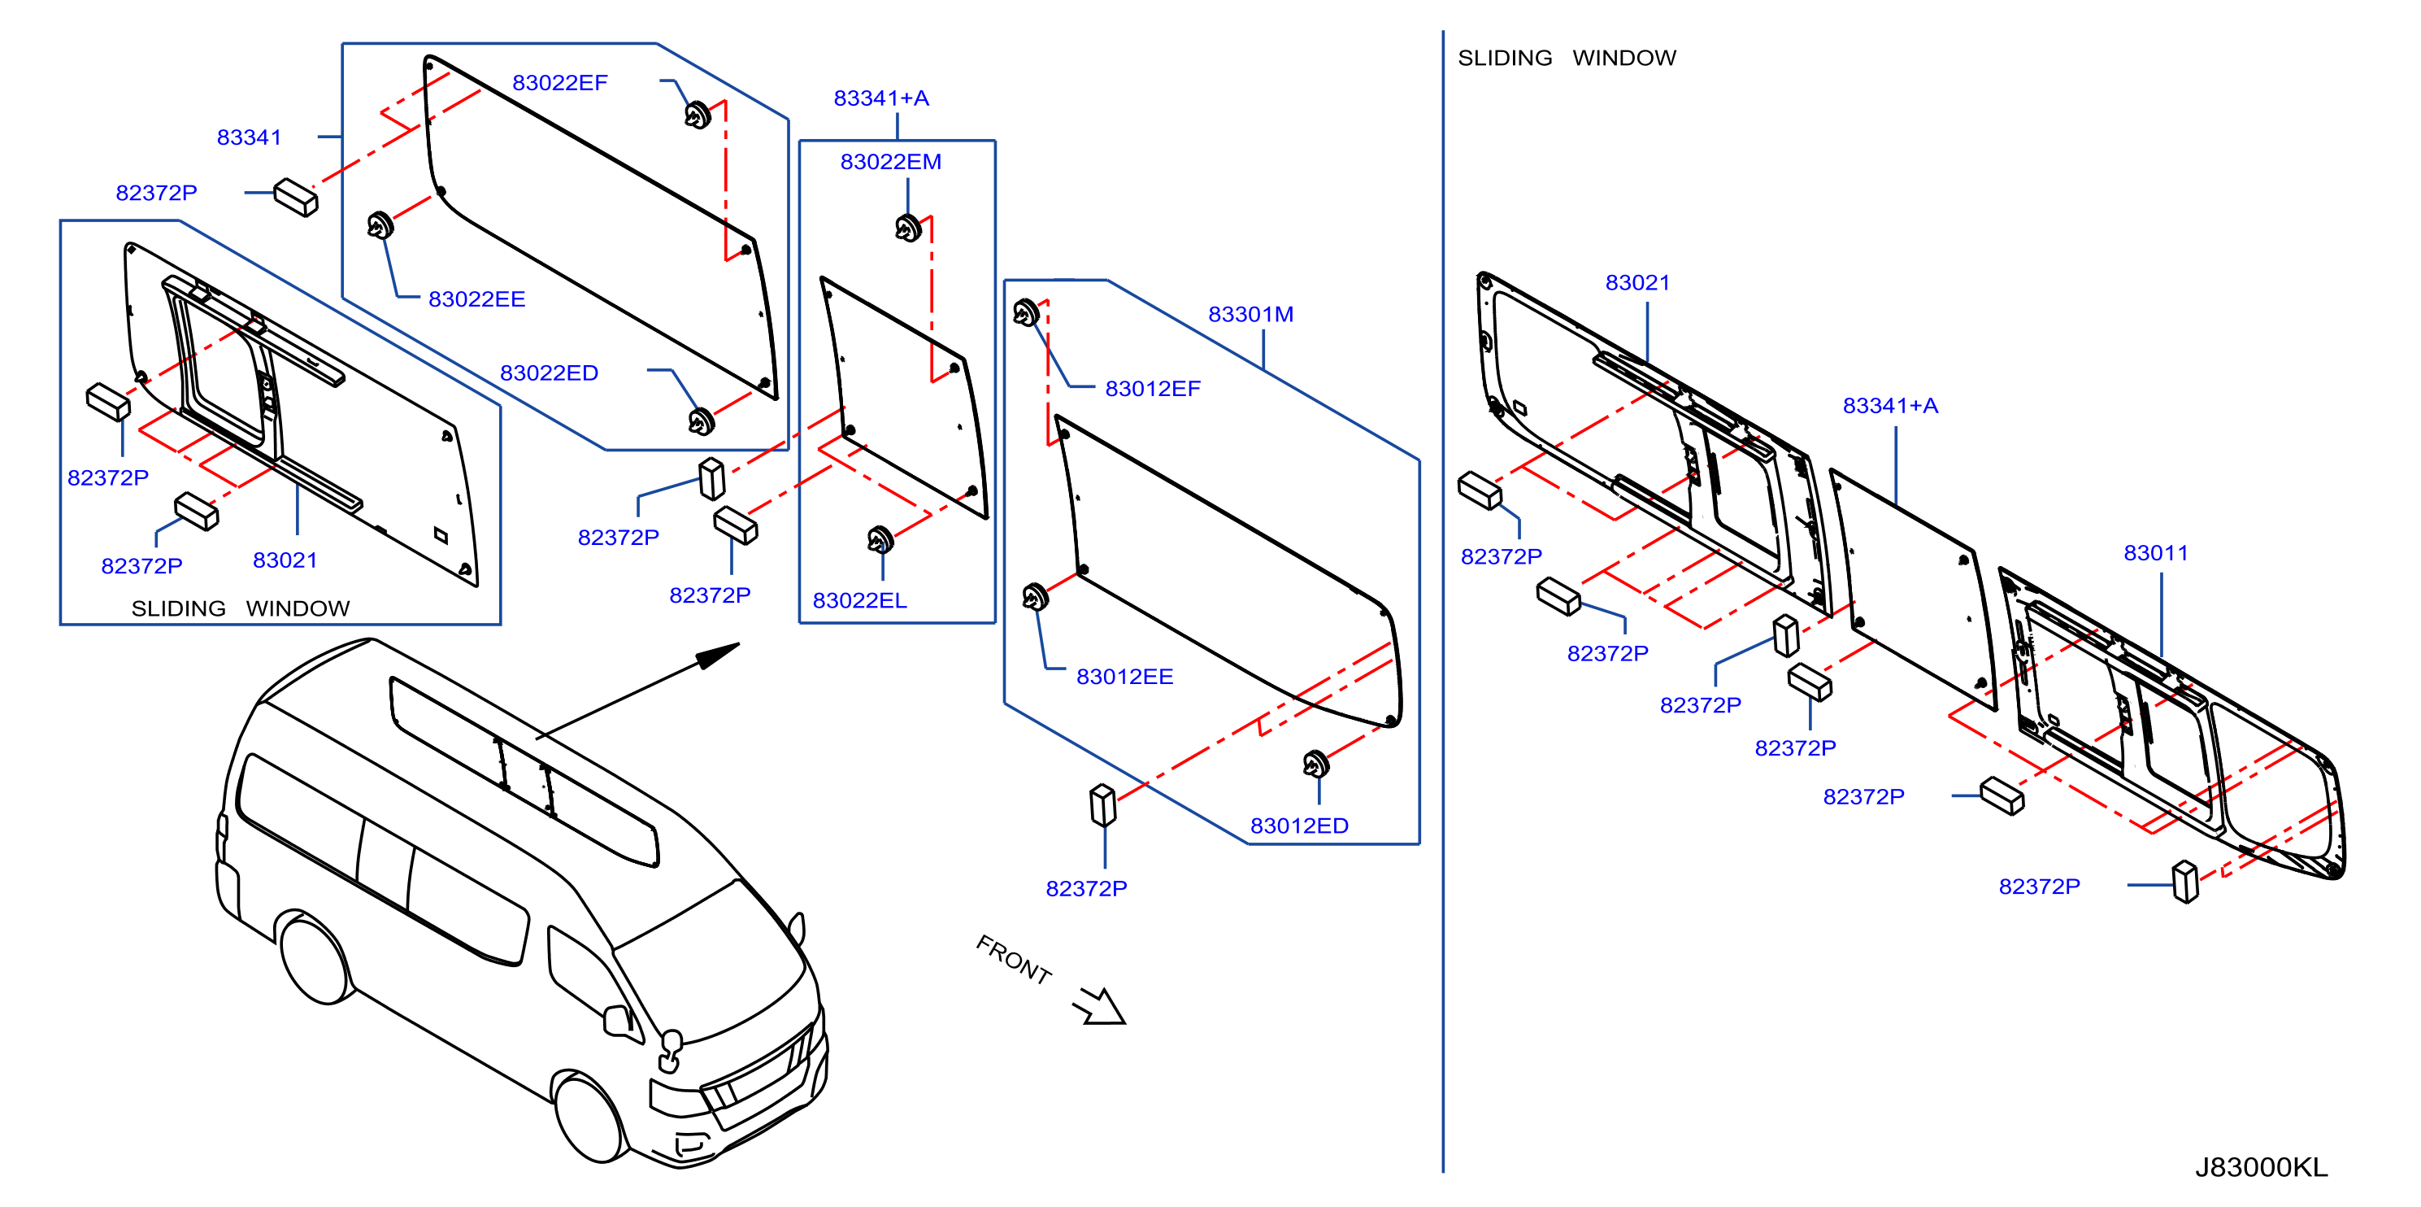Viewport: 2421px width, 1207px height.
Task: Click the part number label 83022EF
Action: coord(559,83)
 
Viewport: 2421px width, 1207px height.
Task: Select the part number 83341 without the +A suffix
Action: coord(249,137)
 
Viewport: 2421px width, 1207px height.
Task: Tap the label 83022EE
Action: coord(476,299)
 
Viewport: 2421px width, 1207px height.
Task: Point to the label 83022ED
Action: coord(549,373)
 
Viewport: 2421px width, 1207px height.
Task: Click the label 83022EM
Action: coord(890,162)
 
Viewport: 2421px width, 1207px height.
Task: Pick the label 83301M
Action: coord(1250,314)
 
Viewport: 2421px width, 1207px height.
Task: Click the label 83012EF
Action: coord(1152,388)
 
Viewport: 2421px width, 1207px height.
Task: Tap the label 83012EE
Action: coord(1124,677)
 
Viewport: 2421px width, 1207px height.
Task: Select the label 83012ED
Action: coord(1299,826)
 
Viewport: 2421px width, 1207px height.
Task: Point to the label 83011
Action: coord(2155,553)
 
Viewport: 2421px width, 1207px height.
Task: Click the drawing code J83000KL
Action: coord(2260,1167)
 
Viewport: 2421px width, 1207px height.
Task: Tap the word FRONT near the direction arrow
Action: coord(1013,960)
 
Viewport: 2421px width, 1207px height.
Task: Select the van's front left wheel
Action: coord(589,1116)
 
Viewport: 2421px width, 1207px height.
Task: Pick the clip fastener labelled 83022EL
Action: coord(880,539)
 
